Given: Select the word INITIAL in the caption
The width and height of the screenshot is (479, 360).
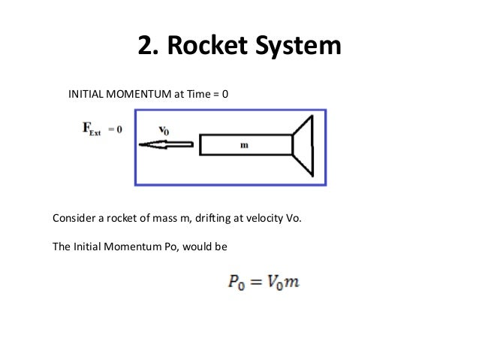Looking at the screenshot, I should point(87,96).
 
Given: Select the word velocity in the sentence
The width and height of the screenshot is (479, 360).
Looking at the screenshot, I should point(271,219).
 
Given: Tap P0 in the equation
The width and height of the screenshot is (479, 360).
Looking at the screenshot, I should point(233,283).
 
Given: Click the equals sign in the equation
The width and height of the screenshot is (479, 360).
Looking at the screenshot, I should point(254,283).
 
